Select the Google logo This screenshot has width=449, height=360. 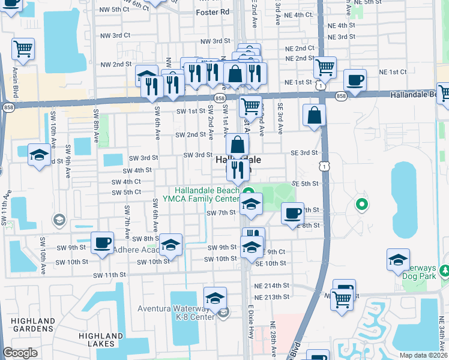(20, 353)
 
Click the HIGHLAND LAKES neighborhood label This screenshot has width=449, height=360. (100, 340)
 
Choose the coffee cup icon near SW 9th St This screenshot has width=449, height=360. (102, 243)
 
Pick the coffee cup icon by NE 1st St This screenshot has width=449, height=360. (355, 80)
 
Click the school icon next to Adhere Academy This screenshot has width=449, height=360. (171, 245)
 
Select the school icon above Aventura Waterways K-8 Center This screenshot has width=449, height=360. (215, 299)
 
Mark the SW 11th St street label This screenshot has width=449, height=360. (109, 275)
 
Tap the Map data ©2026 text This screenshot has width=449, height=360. (423, 355)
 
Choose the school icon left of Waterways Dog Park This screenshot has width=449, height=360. (398, 259)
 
